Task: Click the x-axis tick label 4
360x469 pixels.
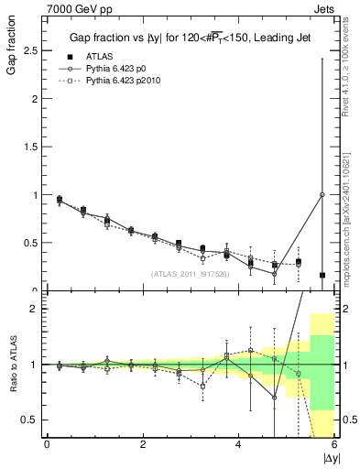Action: click(x=238, y=445)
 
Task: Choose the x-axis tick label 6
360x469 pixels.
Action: click(x=334, y=445)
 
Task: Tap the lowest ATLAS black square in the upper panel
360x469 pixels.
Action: click(x=322, y=275)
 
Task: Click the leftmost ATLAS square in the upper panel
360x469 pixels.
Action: click(x=60, y=199)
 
